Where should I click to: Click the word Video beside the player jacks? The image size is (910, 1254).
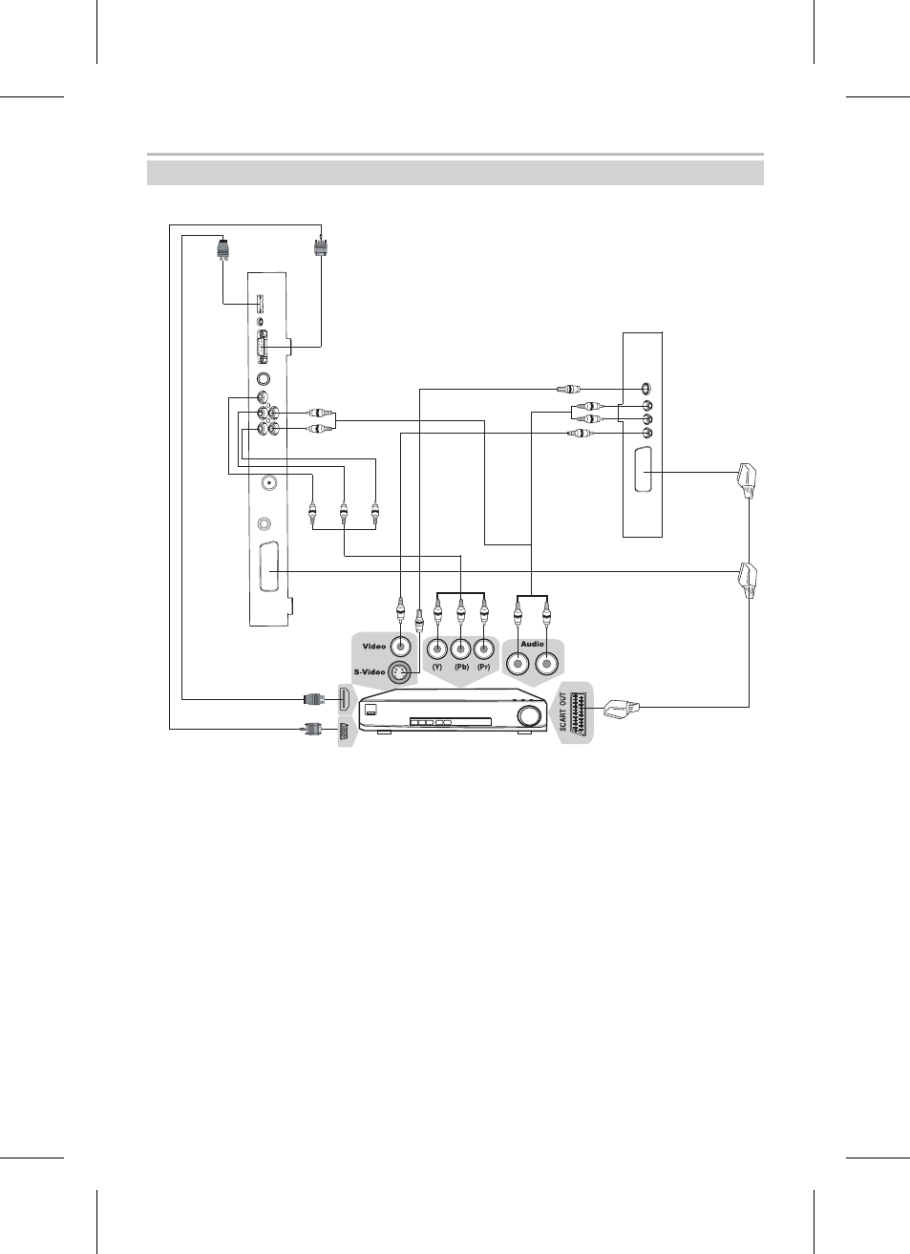[374, 647]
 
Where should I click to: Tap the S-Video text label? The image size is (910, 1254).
[370, 671]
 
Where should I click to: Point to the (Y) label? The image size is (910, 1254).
[437, 667]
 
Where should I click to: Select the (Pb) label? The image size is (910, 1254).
[461, 667]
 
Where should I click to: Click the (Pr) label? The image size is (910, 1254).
[484, 667]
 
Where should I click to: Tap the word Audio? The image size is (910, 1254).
[532, 645]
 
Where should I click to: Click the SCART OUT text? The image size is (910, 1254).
[563, 712]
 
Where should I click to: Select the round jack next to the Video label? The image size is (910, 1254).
[400, 648]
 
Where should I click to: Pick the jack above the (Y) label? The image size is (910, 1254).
[437, 649]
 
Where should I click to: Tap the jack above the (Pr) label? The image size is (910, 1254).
[484, 649]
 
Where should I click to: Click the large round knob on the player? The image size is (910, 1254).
[530, 716]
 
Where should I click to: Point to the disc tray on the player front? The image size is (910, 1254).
[451, 722]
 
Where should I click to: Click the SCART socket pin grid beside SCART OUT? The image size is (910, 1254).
[579, 712]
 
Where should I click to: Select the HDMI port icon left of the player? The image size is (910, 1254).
[345, 699]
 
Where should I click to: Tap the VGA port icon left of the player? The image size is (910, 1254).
[345, 732]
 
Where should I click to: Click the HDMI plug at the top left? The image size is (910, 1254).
[223, 249]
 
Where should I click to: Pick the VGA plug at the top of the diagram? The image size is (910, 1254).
[321, 247]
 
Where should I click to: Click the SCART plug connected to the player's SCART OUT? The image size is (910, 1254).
[622, 709]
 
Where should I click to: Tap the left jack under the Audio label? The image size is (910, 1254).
[518, 664]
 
